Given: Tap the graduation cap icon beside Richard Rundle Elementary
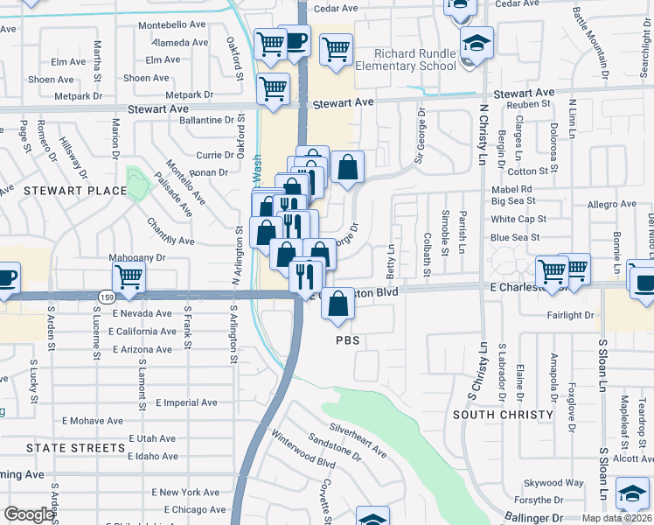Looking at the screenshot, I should click(477, 43).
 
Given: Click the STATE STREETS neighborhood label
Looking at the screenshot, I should click(76, 448).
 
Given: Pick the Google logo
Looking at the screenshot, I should click(29, 514).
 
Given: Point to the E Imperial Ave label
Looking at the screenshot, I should click(186, 402).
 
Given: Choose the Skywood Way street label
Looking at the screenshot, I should click(553, 483).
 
